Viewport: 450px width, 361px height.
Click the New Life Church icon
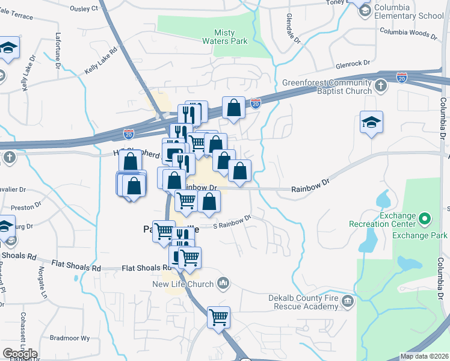coord(223,282)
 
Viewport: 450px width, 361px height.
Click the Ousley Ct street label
coord(84,8)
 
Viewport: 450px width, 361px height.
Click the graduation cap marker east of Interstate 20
coord(371,122)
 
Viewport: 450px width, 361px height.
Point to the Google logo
coord(20,354)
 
